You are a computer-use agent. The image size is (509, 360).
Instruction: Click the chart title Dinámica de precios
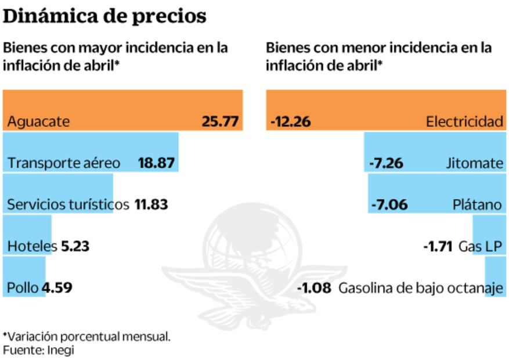[104, 16]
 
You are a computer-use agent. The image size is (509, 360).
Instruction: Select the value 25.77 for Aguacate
[220, 122]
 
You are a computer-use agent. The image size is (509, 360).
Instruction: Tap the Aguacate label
[38, 122]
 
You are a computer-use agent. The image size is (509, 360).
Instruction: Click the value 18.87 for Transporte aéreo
[156, 163]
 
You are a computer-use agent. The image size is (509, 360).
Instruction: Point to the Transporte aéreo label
[64, 163]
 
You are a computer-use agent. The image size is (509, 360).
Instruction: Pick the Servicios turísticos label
[68, 204]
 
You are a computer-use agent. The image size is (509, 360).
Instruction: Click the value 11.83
[151, 204]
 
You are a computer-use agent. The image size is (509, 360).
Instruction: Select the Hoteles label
[32, 246]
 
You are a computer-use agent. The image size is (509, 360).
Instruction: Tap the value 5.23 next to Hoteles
[75, 246]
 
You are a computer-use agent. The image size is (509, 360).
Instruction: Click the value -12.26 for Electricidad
[291, 122]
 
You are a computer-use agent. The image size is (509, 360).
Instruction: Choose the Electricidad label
[464, 122]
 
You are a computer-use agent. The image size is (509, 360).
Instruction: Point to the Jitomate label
[474, 163]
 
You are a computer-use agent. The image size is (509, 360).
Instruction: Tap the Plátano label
[478, 204]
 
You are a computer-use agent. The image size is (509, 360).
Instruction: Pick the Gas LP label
[481, 246]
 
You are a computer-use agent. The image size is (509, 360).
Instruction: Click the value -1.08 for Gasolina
[313, 287]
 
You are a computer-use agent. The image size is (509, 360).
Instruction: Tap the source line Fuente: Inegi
[38, 350]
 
